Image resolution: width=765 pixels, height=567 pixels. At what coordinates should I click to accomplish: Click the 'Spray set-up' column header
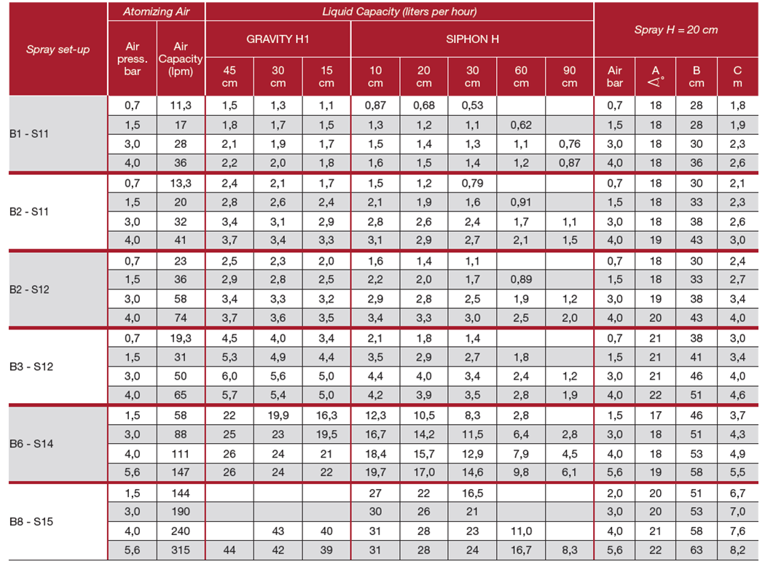(x=58, y=50)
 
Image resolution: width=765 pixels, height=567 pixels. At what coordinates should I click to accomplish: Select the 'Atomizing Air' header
(x=157, y=12)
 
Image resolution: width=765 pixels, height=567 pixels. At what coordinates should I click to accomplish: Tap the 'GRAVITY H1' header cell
(x=278, y=39)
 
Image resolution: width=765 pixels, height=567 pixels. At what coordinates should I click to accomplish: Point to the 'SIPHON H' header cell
(x=472, y=39)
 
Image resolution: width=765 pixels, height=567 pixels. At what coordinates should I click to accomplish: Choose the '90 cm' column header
(x=570, y=77)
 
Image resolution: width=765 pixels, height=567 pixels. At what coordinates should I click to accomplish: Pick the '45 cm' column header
(x=229, y=77)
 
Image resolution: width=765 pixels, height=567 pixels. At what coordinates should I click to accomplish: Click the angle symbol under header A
(x=656, y=83)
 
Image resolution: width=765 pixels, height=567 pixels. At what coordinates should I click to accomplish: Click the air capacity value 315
(x=181, y=550)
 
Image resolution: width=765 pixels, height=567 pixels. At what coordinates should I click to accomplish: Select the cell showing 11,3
(x=181, y=106)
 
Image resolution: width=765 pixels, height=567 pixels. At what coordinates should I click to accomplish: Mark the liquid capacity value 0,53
(x=472, y=106)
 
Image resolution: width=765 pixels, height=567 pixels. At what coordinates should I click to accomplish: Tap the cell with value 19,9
(x=278, y=415)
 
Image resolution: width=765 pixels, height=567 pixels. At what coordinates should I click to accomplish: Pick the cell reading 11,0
(x=521, y=531)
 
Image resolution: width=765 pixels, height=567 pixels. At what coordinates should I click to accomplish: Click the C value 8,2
(x=738, y=550)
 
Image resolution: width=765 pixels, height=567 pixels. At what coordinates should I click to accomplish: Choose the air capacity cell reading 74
(x=181, y=317)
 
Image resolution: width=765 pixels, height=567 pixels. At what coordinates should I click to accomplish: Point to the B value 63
(x=696, y=550)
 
